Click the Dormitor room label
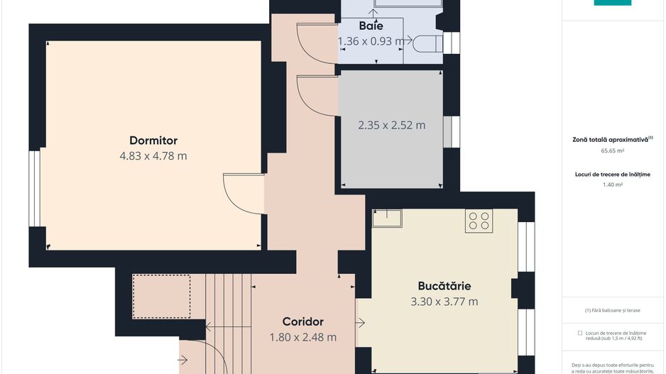pos(153,141)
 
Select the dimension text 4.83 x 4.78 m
pos(153,156)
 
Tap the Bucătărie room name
pos(444,286)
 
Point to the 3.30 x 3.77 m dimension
pos(444,302)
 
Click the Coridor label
pos(302,321)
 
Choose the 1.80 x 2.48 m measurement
pos(302,337)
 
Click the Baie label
pos(371,26)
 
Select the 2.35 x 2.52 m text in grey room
pos(391,126)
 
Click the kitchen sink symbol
pos(387,218)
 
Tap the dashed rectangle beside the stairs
pos(162,297)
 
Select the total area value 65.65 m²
pos(612,150)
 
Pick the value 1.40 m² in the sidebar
pos(612,185)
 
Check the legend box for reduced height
pos(581,332)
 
